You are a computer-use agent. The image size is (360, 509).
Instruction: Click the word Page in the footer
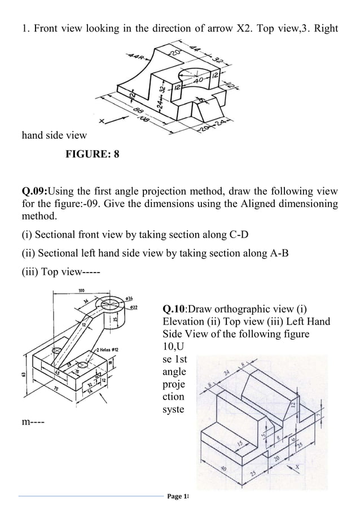point(175,496)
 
